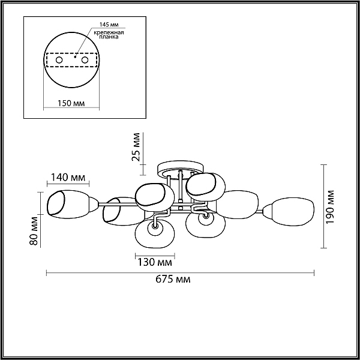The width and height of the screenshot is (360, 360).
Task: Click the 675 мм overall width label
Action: tap(173, 280)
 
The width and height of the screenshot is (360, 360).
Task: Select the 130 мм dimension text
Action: tap(155, 262)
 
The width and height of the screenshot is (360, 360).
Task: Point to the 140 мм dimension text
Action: tap(68, 177)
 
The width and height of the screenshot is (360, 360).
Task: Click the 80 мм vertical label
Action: tap(34, 231)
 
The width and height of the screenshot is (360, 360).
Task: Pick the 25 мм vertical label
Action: tap(136, 147)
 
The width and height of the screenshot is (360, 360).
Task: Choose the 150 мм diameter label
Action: tap(71, 103)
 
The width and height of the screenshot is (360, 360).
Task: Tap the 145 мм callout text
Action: tap(109, 25)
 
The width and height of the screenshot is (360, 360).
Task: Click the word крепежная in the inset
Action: tap(109, 32)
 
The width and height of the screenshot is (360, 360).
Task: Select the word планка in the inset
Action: tap(109, 37)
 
